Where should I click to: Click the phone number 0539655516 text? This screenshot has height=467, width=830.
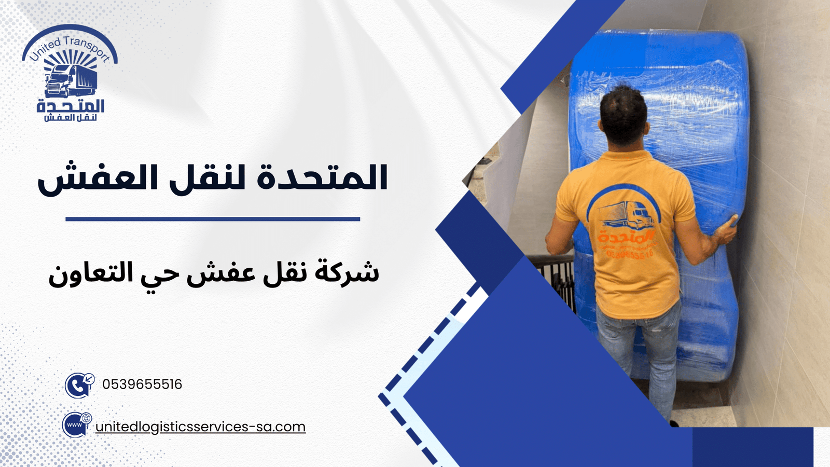tap(142, 384)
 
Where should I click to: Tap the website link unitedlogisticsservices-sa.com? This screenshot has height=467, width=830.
tap(200, 427)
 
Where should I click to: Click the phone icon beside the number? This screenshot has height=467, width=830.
tap(79, 385)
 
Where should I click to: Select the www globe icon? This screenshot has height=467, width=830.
tap(77, 425)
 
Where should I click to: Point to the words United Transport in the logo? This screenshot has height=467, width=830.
tap(70, 47)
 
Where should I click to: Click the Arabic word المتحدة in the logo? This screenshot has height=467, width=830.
tap(71, 106)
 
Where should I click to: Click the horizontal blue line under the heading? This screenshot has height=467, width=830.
tap(213, 219)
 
